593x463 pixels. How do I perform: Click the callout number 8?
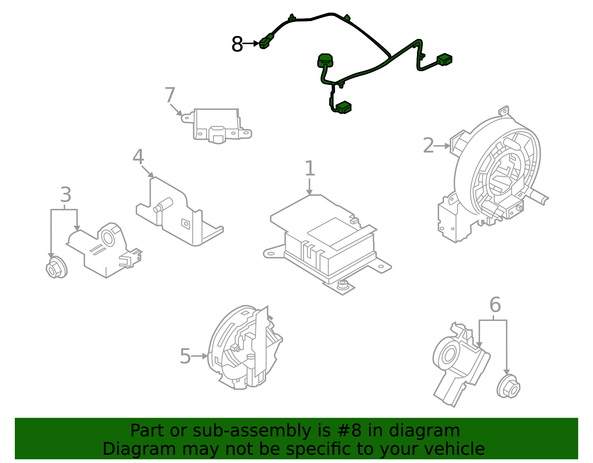[x=237, y=44]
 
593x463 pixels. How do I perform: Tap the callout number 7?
[x=169, y=95]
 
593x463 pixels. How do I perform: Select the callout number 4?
[x=138, y=157]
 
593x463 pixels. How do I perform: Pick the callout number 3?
[x=66, y=195]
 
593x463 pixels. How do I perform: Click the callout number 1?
[x=309, y=169]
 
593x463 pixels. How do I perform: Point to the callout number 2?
[x=428, y=146]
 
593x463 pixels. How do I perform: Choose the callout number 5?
[x=185, y=357]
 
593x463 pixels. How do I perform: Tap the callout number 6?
[x=495, y=305]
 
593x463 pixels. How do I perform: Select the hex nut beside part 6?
[x=508, y=387]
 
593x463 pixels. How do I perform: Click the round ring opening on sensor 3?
[x=109, y=238]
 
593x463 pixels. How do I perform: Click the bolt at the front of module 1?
[x=342, y=285]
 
